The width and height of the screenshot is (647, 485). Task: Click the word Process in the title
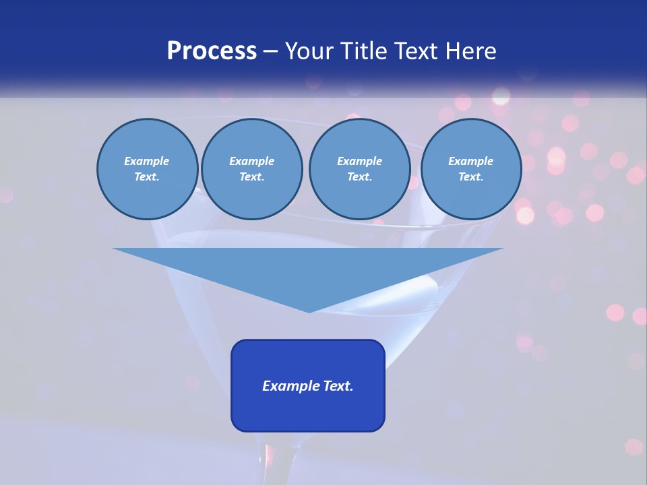[x=212, y=51]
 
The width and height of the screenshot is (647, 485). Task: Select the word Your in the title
[x=309, y=51]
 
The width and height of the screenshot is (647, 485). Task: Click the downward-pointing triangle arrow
[x=308, y=269]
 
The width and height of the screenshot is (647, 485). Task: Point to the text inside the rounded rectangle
[x=308, y=386]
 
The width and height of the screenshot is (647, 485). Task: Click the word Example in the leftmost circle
[x=147, y=161]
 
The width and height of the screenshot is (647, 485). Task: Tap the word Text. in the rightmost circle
[x=471, y=176]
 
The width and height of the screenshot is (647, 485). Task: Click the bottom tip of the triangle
[x=309, y=311]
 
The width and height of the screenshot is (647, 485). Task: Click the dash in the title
[x=270, y=52]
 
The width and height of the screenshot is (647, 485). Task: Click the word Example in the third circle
[x=359, y=161]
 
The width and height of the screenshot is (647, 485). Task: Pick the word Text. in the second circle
[x=251, y=176]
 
